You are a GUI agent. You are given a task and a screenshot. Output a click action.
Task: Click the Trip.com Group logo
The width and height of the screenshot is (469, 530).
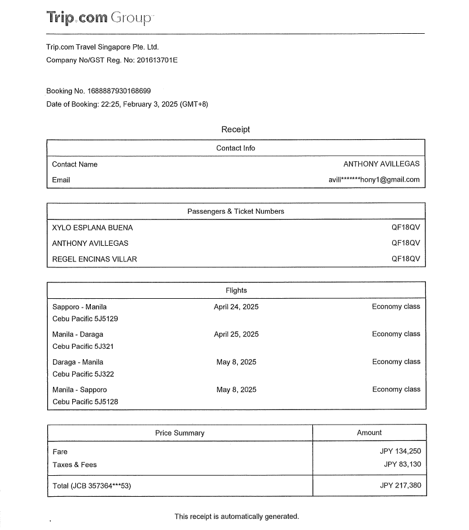99,18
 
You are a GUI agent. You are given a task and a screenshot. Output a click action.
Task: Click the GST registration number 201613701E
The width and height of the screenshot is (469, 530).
157,60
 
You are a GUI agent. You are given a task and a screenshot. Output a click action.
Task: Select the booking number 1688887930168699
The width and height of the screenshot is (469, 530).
119,91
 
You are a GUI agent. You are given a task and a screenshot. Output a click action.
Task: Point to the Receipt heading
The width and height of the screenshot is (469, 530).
235,129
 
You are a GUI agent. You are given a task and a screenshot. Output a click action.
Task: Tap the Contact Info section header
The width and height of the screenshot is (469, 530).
235,148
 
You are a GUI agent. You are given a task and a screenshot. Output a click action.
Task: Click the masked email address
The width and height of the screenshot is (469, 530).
374,179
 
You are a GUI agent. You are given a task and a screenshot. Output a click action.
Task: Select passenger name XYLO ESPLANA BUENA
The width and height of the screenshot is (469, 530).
92,227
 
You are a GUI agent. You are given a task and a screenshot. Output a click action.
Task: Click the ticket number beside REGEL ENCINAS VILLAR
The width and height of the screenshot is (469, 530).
405,259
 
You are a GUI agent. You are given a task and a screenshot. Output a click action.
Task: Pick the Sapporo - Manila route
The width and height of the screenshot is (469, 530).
79,306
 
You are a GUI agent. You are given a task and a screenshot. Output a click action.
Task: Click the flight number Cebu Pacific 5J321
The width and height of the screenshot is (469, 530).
83,346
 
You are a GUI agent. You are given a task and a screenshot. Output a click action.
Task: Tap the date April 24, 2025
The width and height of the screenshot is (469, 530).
236,306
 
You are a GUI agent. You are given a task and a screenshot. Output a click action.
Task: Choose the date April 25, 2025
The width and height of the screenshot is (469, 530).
236,334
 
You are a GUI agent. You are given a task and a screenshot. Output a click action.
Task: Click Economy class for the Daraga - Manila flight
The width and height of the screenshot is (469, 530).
396,362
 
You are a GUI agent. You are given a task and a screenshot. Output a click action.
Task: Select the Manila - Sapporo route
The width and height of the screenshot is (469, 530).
79,389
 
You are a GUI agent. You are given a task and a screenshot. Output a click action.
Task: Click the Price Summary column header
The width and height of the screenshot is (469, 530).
179,433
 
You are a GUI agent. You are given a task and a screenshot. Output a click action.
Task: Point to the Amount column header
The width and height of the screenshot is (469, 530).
369,432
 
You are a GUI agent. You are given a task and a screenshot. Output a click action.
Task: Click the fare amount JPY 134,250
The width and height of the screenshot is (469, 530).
400,451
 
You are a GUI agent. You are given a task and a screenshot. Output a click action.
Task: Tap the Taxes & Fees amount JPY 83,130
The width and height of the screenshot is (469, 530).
402,464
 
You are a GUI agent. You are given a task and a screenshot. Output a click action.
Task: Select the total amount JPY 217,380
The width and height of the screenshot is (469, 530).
400,485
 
